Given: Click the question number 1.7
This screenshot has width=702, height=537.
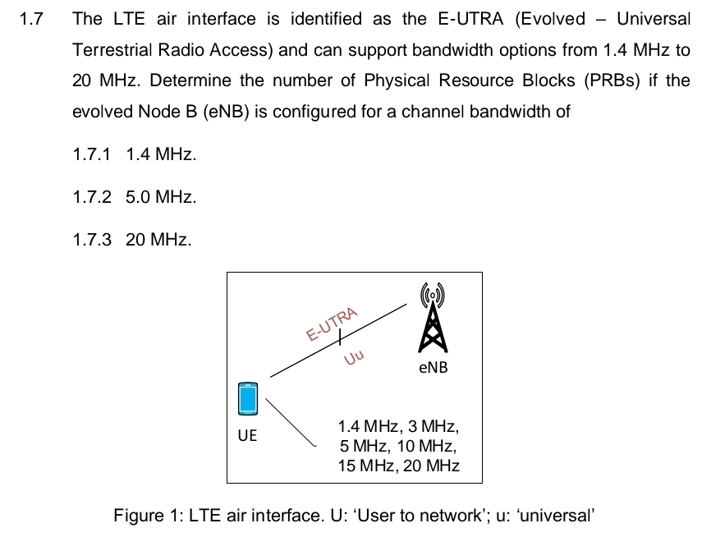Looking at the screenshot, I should (30, 19).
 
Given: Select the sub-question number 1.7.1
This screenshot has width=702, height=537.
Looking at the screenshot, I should (91, 154).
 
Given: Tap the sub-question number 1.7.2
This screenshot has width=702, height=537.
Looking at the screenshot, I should (91, 197).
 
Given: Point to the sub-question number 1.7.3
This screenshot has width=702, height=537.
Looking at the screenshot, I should (91, 241).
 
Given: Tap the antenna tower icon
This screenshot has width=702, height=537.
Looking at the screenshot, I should (433, 316).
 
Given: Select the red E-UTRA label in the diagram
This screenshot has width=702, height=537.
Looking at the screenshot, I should (333, 324).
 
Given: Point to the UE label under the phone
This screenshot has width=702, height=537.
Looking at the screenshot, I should (247, 435).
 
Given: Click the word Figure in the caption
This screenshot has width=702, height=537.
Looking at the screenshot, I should (139, 516).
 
